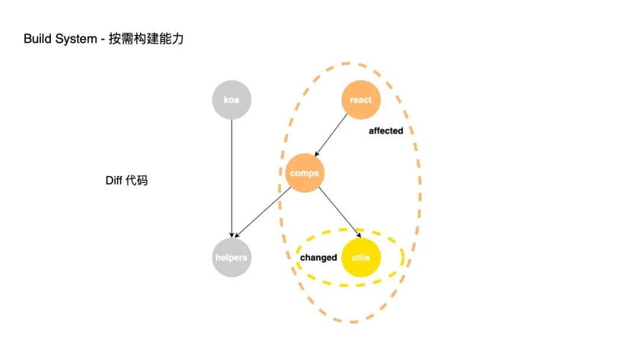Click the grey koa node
click(x=232, y=99)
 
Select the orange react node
click(x=360, y=99)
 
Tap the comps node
click(x=305, y=173)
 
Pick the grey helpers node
click(x=232, y=258)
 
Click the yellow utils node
click(x=360, y=258)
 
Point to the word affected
click(x=386, y=131)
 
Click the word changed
click(x=318, y=258)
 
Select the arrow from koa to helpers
click(x=232, y=178)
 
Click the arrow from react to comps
click(x=333, y=135)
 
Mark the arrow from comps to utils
click(x=338, y=212)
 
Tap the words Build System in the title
click(x=60, y=39)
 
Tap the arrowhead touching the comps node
click(x=316, y=154)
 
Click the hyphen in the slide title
click(x=103, y=39)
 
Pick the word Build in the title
click(x=35, y=39)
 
